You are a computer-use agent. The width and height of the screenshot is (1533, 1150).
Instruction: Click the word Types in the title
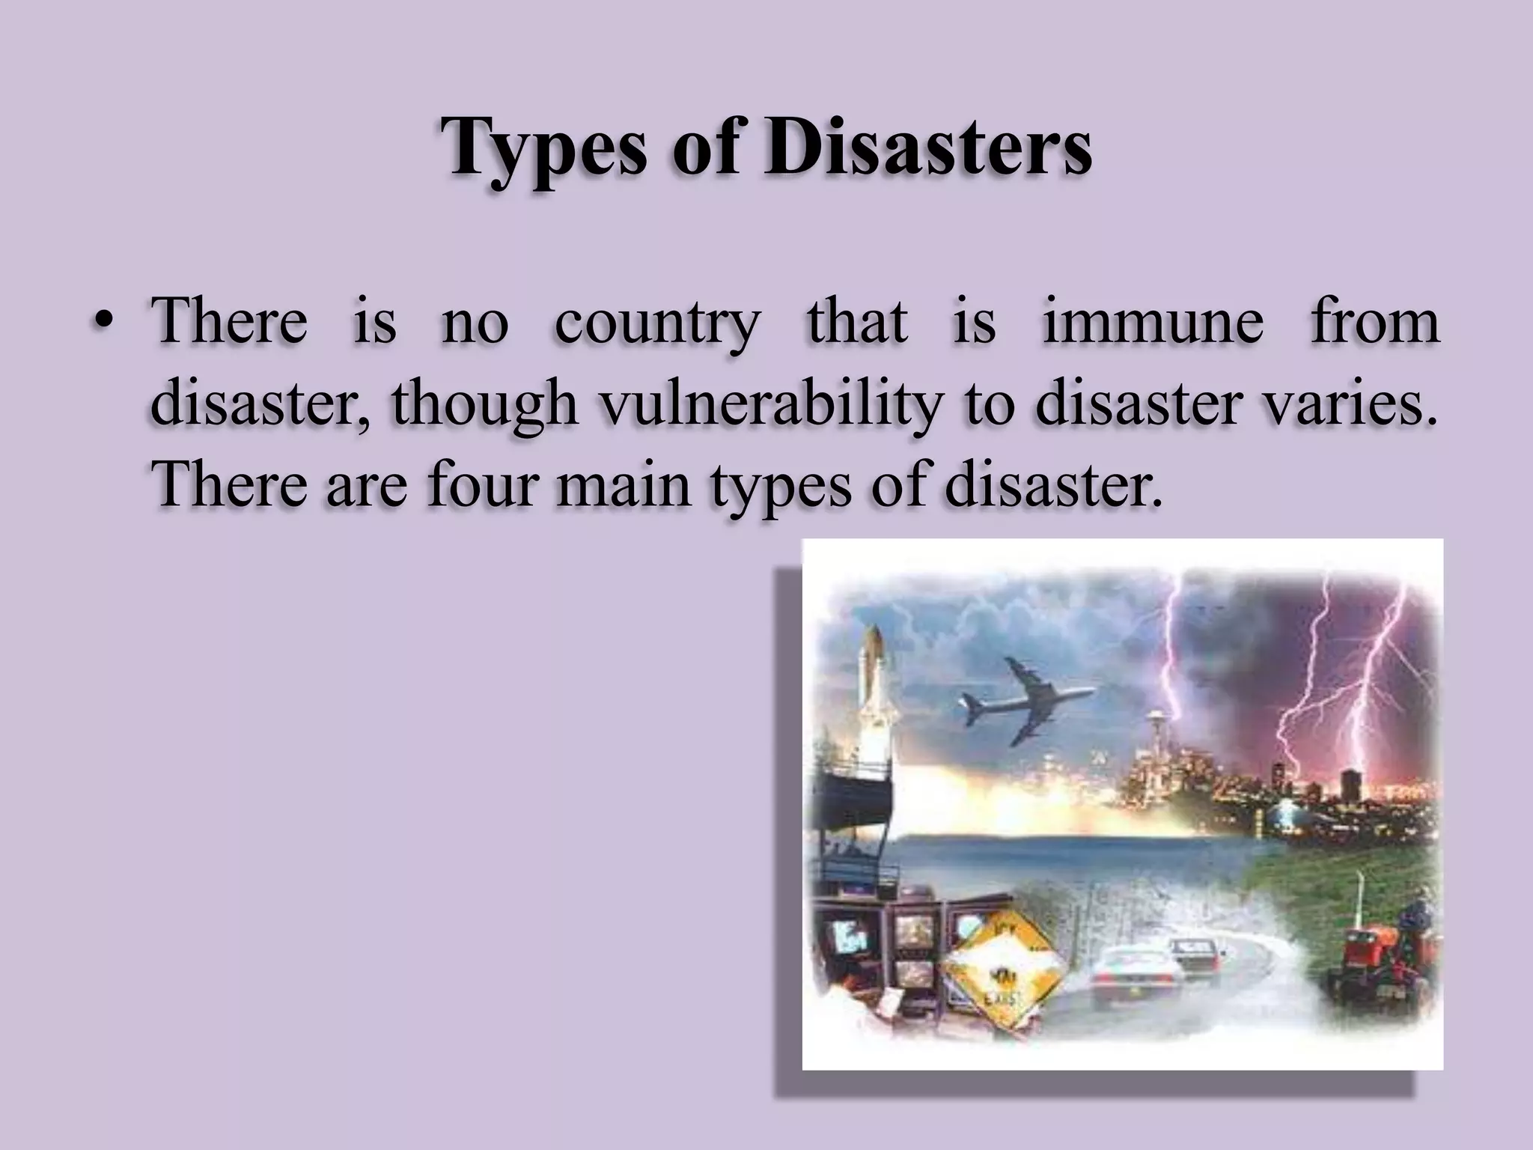(x=543, y=147)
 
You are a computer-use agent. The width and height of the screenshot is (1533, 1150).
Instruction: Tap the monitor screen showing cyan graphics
(x=849, y=937)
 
